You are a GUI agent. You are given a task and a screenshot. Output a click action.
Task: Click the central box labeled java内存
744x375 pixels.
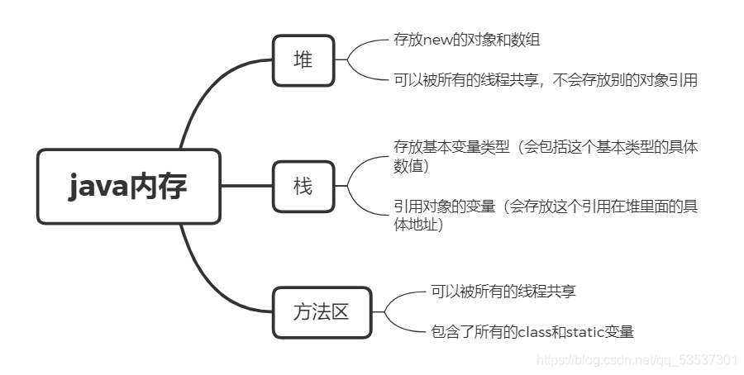tap(128, 187)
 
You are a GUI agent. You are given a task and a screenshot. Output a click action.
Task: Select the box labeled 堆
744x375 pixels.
tap(303, 59)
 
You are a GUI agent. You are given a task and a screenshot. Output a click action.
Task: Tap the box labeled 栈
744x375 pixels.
tap(303, 187)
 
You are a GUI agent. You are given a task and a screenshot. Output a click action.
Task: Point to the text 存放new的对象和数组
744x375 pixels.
tap(468, 39)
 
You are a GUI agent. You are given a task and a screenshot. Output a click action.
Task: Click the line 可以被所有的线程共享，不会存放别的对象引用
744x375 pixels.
tap(546, 80)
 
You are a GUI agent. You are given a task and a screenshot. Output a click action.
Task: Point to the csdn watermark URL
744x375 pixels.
tap(637, 360)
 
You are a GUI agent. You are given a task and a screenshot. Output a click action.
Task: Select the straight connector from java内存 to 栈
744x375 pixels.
tap(246, 186)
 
